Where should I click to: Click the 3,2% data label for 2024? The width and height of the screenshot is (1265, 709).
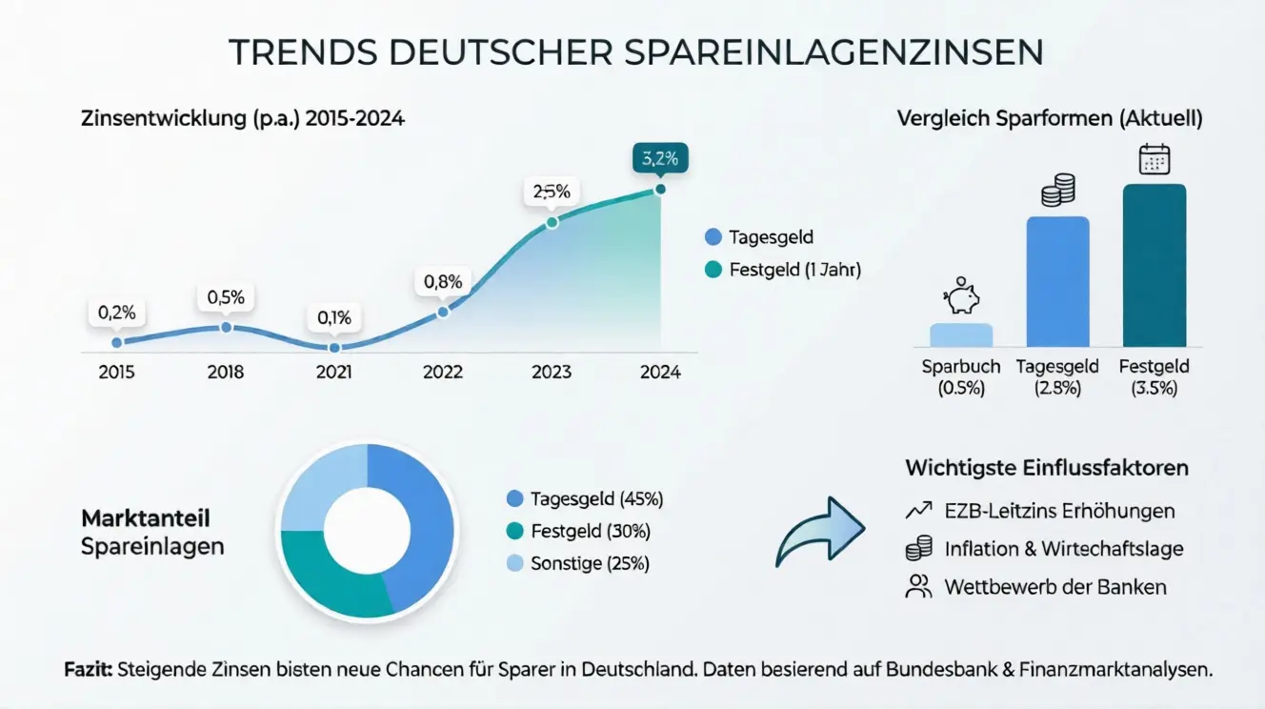pyautogui.click(x=659, y=159)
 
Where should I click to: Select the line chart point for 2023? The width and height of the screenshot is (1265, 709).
pyautogui.click(x=551, y=223)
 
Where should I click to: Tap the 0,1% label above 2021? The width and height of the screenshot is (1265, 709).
pyautogui.click(x=334, y=317)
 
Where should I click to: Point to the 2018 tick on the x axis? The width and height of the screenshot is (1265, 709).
pyautogui.click(x=226, y=372)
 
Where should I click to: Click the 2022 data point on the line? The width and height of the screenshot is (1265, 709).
pyautogui.click(x=443, y=312)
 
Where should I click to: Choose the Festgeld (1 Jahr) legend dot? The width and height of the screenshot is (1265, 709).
pyautogui.click(x=713, y=270)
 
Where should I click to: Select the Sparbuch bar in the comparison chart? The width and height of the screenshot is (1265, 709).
pyautogui.click(x=961, y=334)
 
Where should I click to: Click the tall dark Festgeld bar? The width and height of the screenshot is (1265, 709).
pyautogui.click(x=1154, y=266)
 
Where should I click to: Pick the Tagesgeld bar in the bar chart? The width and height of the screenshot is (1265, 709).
pyautogui.click(x=1057, y=282)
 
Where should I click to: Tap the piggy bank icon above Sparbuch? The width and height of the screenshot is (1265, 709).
pyautogui.click(x=961, y=296)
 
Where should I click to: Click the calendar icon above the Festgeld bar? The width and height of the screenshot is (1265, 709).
pyautogui.click(x=1154, y=158)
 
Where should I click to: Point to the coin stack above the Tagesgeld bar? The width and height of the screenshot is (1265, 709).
pyautogui.click(x=1057, y=191)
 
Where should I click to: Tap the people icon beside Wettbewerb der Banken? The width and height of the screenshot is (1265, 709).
pyautogui.click(x=917, y=586)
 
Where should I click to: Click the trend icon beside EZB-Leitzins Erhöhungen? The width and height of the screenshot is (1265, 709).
pyautogui.click(x=917, y=511)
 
